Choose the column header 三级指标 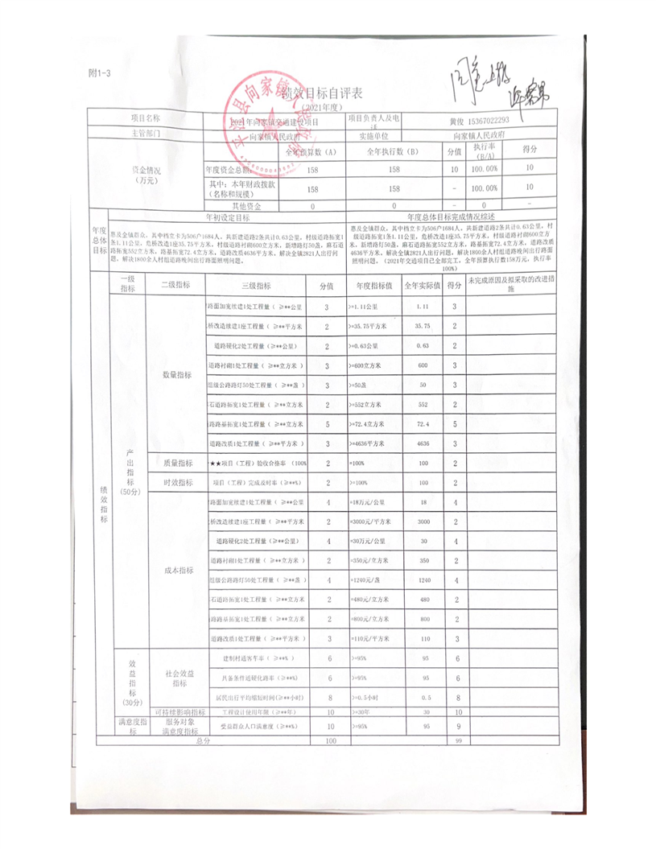pyautogui.click(x=256, y=286)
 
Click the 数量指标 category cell pyautogui.click(x=177, y=375)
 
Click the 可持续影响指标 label pyautogui.click(x=177, y=713)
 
